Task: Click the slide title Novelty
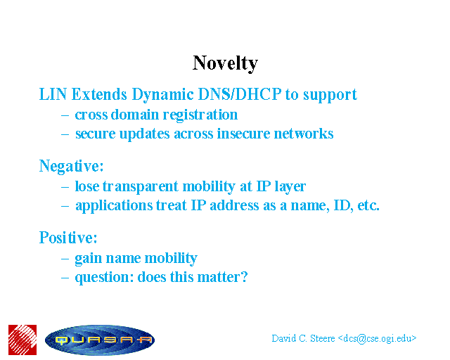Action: [225, 63]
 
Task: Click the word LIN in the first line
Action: [53, 94]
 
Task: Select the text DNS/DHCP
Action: [240, 94]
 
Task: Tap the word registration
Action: [200, 115]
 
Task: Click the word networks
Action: [304, 134]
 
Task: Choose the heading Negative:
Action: [71, 166]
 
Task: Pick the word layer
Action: [290, 187]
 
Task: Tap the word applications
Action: [114, 206]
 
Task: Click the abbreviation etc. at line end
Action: [368, 205]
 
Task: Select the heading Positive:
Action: [68, 238]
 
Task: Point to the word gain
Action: [89, 259]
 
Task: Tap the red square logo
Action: [22, 340]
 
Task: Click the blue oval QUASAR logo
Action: [100, 340]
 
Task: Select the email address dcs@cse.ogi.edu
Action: [378, 339]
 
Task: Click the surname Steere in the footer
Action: [322, 338]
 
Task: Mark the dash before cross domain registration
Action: [65, 116]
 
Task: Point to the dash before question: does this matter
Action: [65, 278]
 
